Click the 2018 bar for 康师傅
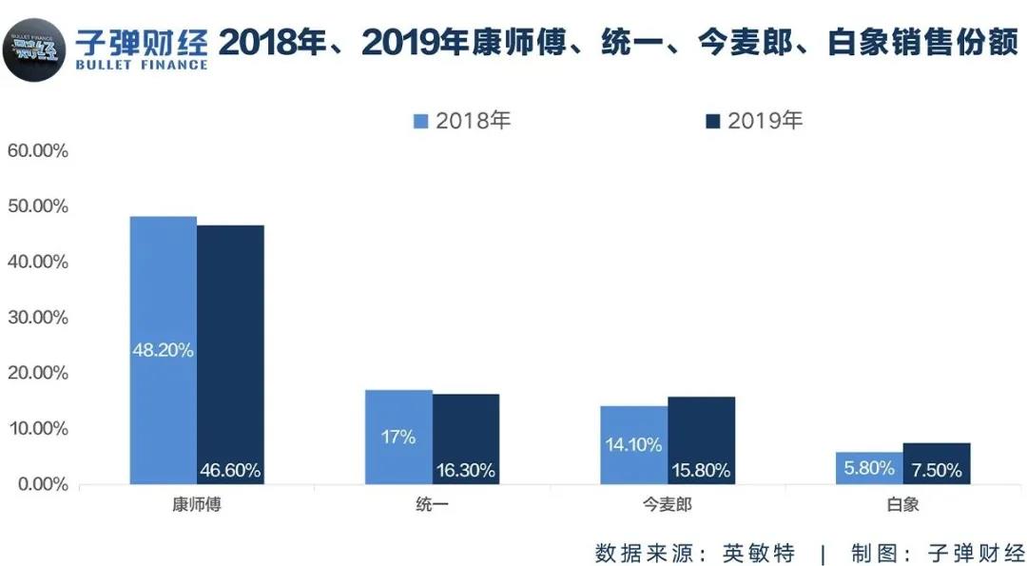[x=163, y=285]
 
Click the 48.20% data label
[x=163, y=350]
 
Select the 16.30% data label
[x=466, y=470]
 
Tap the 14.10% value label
[x=632, y=444]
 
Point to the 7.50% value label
[x=937, y=470]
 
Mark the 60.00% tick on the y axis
[x=37, y=151]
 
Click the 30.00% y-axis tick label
[x=37, y=318]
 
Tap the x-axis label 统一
[x=432, y=505]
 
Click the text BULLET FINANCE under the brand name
[x=141, y=65]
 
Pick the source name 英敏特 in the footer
[x=758, y=553]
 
